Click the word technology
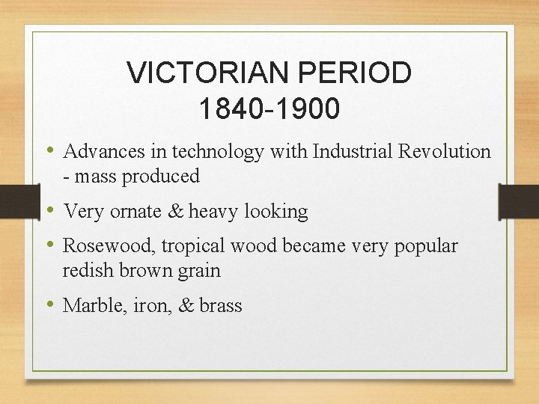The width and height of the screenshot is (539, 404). pyautogui.click(x=218, y=152)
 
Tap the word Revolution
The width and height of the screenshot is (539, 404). pyautogui.click(x=445, y=152)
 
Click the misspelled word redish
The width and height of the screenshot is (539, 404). pyautogui.click(x=85, y=270)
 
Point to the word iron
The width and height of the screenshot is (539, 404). pyautogui.click(x=149, y=305)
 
